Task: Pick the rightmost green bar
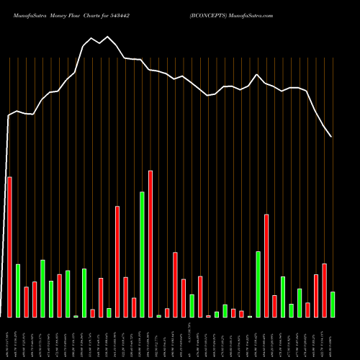(x=333, y=304)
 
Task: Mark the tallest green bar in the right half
(x=258, y=284)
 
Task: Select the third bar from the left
(x=26, y=302)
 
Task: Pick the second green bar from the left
(x=42, y=288)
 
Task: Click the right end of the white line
(x=331, y=136)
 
